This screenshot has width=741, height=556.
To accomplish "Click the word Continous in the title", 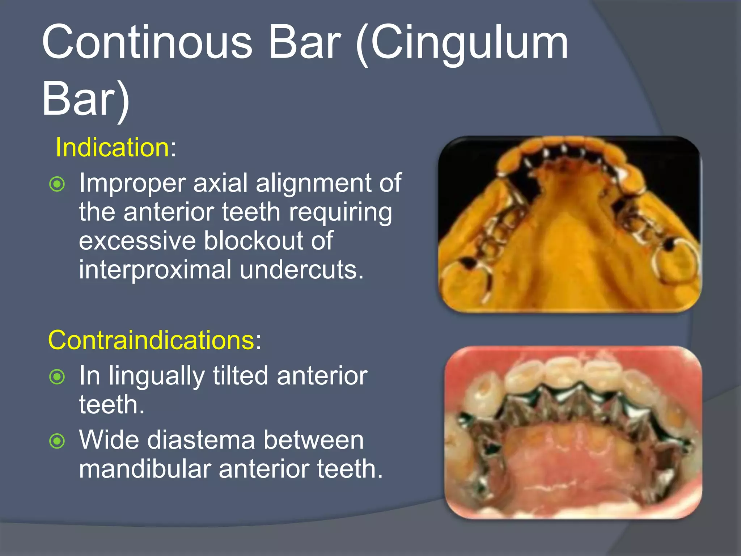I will (x=147, y=43).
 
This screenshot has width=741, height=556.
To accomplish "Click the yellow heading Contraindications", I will (x=152, y=340).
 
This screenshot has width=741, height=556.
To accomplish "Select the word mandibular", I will (x=145, y=469).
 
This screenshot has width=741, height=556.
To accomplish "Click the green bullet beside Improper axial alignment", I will (x=57, y=184).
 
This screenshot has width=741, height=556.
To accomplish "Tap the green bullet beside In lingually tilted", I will (x=57, y=377).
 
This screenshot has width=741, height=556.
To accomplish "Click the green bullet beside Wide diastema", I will (x=57, y=441).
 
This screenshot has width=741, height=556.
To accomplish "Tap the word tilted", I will (x=240, y=376).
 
